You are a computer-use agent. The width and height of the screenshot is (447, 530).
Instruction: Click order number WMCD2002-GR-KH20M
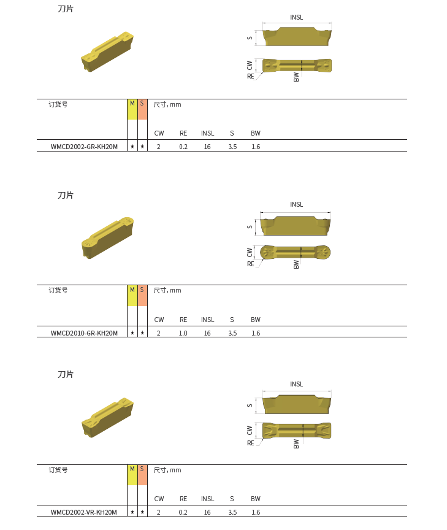(x=84, y=147)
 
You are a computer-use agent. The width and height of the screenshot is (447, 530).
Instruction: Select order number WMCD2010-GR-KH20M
(x=84, y=333)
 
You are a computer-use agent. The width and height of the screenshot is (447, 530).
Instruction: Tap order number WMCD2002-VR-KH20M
(x=84, y=512)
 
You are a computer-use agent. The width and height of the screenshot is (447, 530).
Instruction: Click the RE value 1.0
(x=183, y=333)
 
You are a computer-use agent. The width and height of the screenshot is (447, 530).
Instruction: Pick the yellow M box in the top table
(x=132, y=109)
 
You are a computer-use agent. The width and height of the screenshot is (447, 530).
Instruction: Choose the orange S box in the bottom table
(x=142, y=475)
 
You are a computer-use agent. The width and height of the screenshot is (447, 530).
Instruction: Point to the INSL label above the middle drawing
(x=296, y=204)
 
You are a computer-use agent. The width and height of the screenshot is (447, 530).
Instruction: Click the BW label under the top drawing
(x=296, y=77)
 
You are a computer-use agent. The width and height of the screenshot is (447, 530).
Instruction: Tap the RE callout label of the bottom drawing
(x=250, y=443)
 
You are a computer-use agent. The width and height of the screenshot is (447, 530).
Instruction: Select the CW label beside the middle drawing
(x=250, y=253)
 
